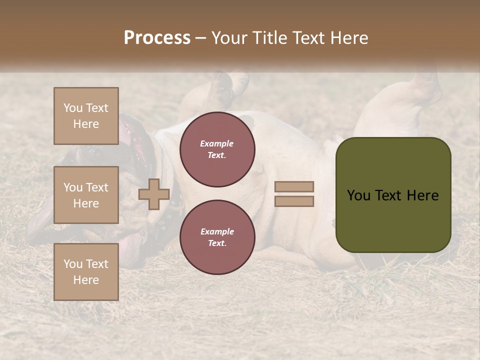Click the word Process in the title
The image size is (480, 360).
[157, 38]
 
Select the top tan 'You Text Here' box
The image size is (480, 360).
[86, 116]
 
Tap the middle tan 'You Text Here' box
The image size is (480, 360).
[86, 195]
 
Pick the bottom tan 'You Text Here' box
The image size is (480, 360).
[86, 271]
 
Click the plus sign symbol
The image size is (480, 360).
[154, 194]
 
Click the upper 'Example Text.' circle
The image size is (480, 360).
[217, 149]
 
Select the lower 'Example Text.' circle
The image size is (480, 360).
[217, 237]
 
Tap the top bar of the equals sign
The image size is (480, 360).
[294, 186]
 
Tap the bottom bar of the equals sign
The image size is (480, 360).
[294, 201]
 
